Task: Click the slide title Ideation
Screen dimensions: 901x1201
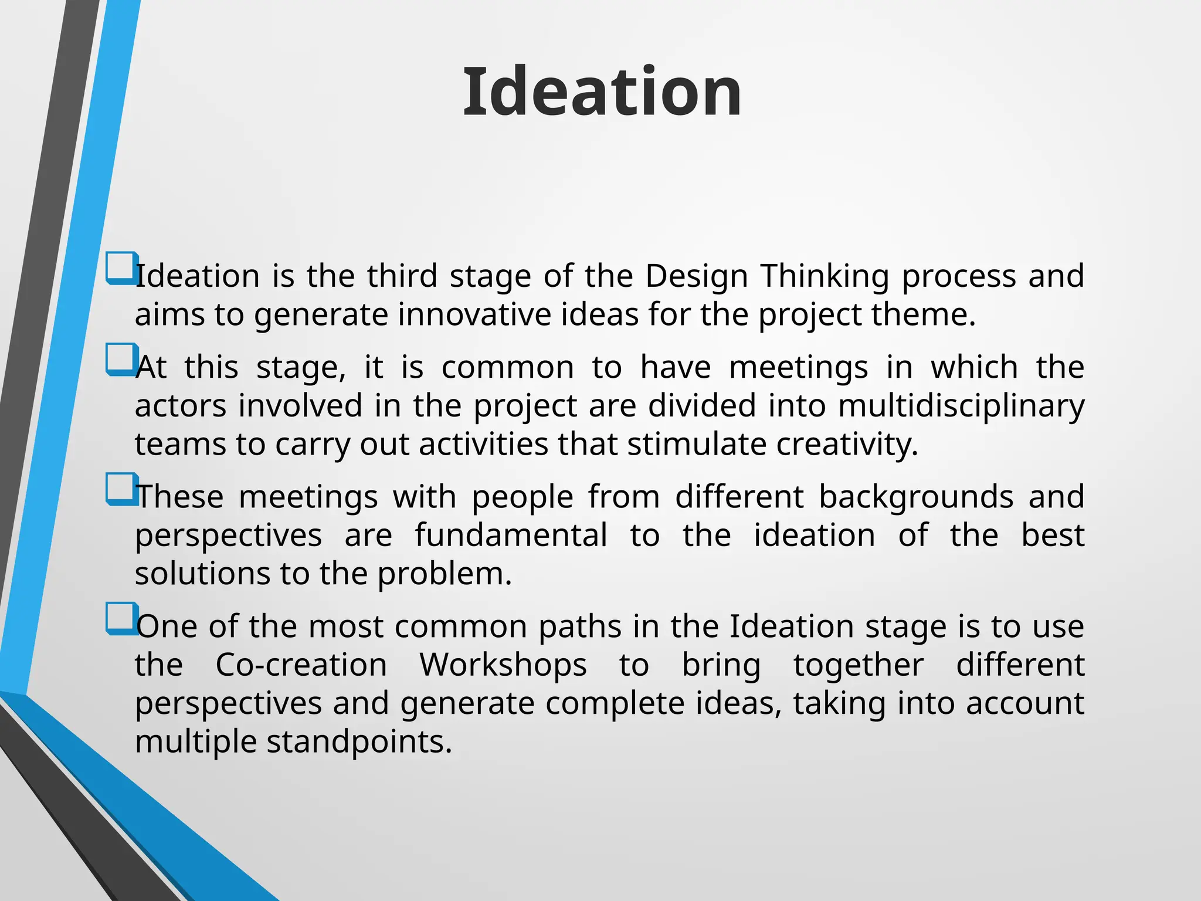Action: coord(602,92)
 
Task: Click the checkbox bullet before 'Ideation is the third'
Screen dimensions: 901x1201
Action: coord(121,267)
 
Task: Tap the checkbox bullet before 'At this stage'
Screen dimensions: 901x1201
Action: coord(121,359)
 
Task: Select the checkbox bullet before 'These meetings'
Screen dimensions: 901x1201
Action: coord(121,489)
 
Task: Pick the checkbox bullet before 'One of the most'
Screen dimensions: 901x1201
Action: coord(121,618)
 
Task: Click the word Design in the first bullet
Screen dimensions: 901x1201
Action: coord(696,276)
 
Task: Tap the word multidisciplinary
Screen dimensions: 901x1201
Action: coord(961,406)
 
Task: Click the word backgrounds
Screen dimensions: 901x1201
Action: coord(916,497)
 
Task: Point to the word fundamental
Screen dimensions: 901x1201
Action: coord(511,535)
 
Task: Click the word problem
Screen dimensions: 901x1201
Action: coord(444,574)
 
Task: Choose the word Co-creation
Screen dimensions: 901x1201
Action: coord(301,665)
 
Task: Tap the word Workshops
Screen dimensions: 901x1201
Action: coord(503,665)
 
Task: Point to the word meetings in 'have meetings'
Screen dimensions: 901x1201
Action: coord(798,368)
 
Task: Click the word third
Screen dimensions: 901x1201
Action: coord(402,276)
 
